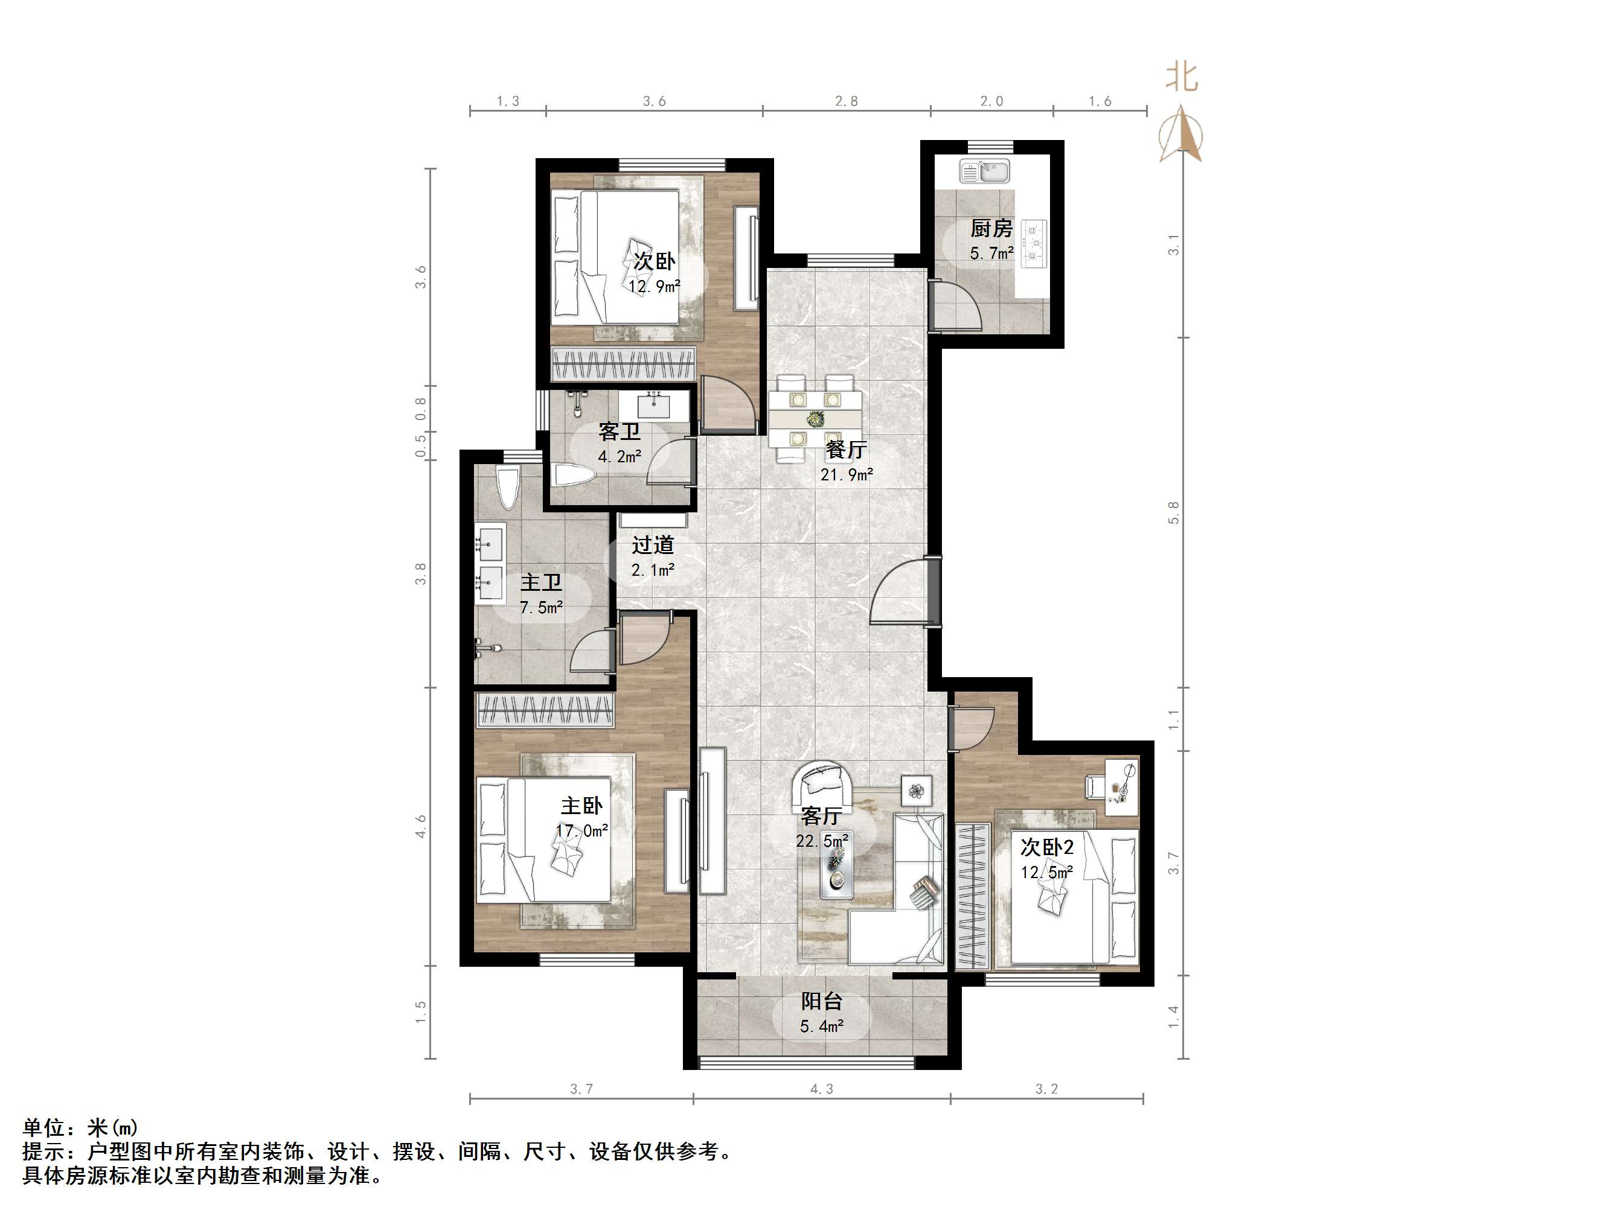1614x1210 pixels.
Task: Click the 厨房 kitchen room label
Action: click(x=991, y=229)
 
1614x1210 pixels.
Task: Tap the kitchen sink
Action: click(x=984, y=172)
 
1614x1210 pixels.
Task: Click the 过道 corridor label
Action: click(x=653, y=545)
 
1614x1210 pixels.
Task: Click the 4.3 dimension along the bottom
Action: click(x=822, y=1089)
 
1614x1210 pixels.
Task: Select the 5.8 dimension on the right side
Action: click(x=1173, y=513)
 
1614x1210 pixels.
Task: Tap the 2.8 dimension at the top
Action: click(x=847, y=101)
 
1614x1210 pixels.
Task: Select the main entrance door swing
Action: click(x=900, y=591)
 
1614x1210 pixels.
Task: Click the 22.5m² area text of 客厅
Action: click(x=822, y=841)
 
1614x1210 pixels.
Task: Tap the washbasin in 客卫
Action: click(x=653, y=406)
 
